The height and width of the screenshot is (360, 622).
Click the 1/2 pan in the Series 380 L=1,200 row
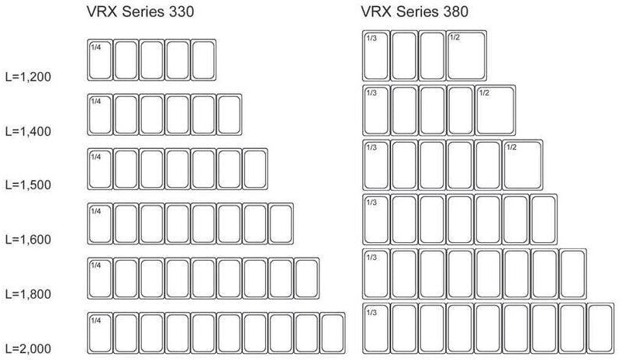[x=466, y=55]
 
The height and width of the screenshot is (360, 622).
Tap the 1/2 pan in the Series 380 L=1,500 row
[x=523, y=164]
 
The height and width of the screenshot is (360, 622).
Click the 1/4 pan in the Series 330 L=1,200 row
[x=99, y=60]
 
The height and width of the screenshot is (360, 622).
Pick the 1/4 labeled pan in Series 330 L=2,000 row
[x=99, y=333]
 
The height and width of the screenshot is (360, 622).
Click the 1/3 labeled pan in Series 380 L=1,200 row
[x=376, y=55]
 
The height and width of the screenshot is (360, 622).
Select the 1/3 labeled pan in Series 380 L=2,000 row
[x=376, y=328]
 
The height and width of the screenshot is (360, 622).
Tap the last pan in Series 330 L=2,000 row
[x=332, y=333]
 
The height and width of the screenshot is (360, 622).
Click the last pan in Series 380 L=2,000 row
[x=600, y=328]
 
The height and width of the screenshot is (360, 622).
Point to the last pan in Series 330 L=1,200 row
[x=203, y=60]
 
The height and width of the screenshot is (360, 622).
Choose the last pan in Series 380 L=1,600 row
[x=544, y=219]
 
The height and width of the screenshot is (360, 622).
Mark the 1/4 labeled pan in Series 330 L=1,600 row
[x=99, y=223]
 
